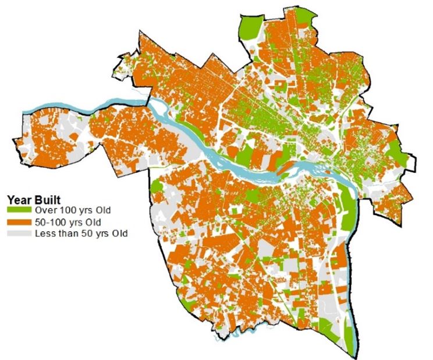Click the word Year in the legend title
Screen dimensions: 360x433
(18, 199)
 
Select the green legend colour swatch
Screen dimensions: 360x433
(20, 210)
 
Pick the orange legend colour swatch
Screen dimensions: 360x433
(20, 222)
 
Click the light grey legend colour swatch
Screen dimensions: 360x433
(20, 234)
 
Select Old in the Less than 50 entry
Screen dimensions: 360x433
(116, 234)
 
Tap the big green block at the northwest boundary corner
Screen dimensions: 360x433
(249, 26)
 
